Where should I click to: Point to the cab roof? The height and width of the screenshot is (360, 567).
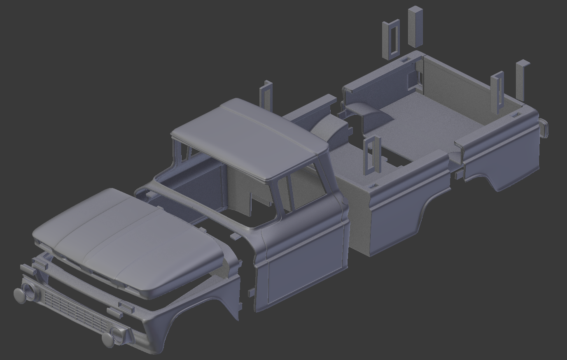[251, 136]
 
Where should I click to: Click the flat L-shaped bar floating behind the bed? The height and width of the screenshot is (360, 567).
[521, 80]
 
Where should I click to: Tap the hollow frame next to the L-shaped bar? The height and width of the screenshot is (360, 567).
[498, 93]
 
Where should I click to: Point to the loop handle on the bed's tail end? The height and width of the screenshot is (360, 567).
[544, 128]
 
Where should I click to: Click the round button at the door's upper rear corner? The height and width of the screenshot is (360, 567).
[345, 200]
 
